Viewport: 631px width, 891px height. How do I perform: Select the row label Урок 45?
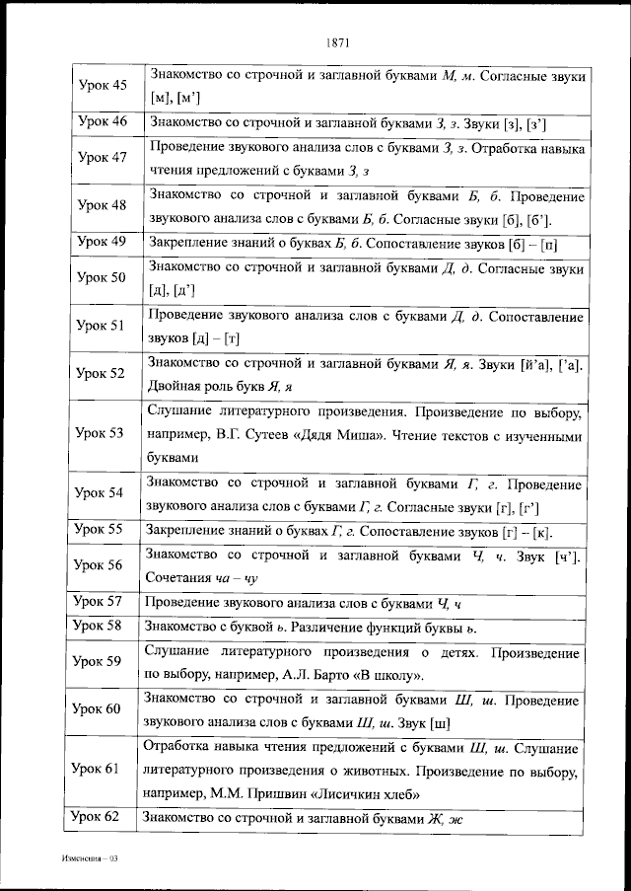coord(103,86)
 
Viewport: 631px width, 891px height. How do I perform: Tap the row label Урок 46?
coord(103,122)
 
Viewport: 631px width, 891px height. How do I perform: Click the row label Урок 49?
coord(103,241)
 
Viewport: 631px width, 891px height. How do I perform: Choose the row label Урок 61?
coord(98,768)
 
